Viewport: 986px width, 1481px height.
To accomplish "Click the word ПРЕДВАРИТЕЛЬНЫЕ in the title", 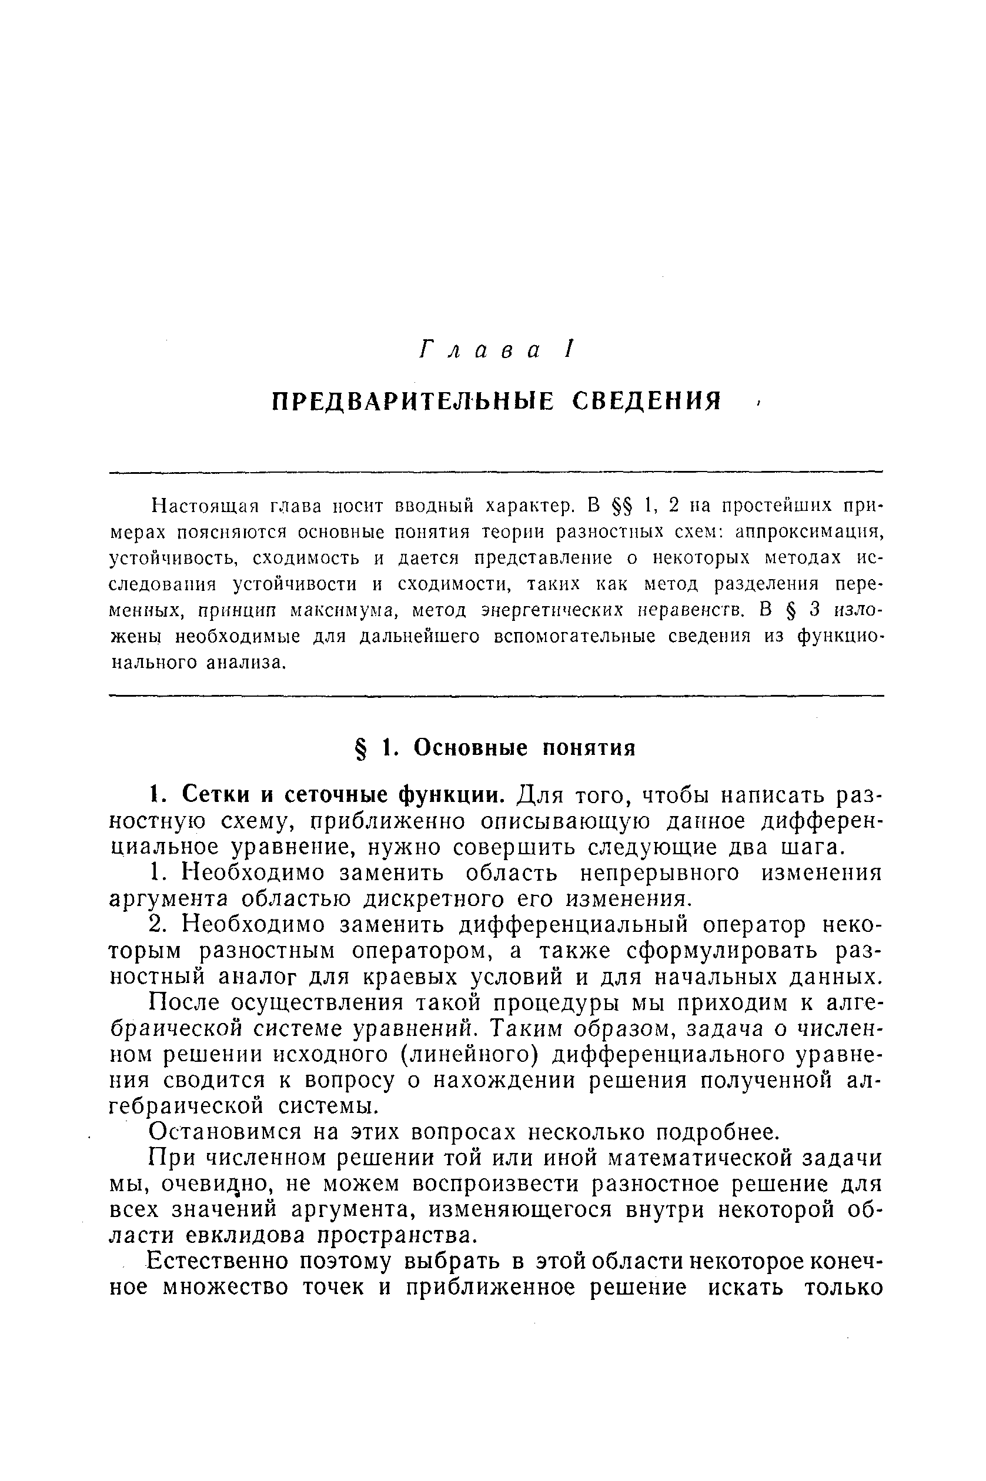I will (413, 401).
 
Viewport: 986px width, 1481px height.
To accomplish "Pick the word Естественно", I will (218, 1262).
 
